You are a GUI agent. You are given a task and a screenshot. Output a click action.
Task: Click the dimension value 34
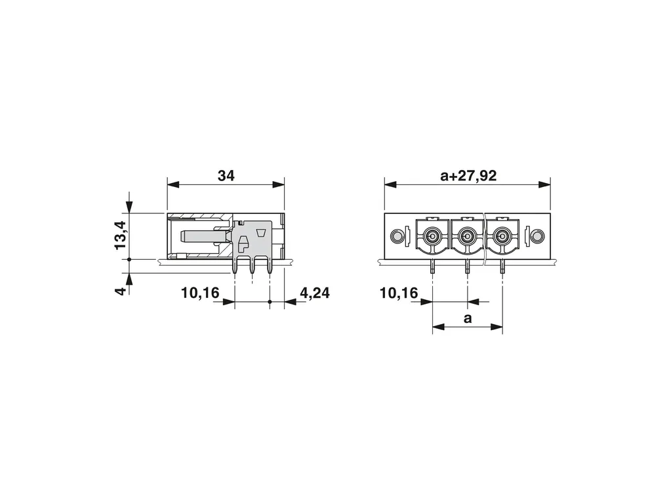226,175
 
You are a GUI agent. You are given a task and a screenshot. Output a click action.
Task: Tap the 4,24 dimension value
314,293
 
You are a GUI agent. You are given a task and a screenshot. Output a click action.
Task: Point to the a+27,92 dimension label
468,175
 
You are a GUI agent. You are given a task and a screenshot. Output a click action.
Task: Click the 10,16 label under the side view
200,293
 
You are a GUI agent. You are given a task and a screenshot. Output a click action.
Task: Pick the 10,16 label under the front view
399,293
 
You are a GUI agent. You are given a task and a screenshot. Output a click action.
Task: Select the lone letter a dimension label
468,318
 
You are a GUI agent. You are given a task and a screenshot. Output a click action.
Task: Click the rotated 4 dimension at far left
121,291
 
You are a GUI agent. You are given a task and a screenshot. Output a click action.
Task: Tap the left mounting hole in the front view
397,236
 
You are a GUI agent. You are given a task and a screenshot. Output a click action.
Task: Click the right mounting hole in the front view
538,235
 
